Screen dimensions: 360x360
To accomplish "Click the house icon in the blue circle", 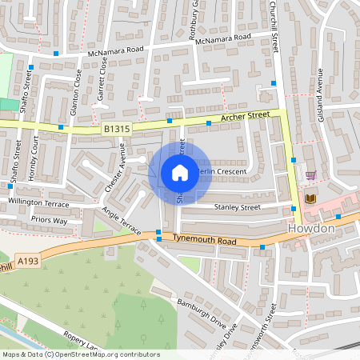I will coord(180,172).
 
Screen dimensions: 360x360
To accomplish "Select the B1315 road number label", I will coord(115,129).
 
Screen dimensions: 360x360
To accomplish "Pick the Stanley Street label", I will coord(238,206).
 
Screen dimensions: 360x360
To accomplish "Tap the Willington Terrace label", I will coord(38,202).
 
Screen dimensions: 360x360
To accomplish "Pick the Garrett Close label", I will coord(103,80).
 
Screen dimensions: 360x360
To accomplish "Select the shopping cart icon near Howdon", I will coord(310,175).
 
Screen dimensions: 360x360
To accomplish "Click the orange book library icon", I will coord(310,198).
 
